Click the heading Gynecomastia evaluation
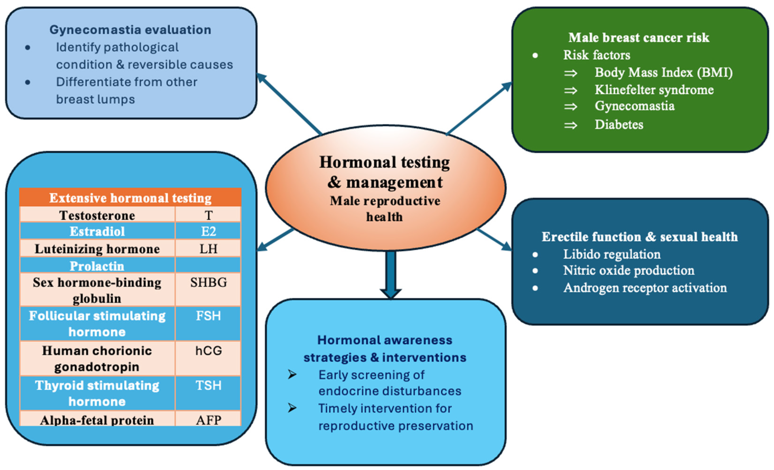click(130, 30)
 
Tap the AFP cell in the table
click(208, 420)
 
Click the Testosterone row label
click(97, 215)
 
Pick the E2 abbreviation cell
click(208, 231)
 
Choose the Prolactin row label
click(97, 266)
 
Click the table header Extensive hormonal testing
click(130, 198)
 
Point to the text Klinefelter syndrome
click(654, 90)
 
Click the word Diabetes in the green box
click(619, 125)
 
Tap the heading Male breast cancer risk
click(639, 37)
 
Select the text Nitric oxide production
click(628, 270)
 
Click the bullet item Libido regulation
click(612, 254)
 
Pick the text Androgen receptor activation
click(645, 287)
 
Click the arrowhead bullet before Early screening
click(292, 375)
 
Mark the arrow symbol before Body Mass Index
click(570, 73)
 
